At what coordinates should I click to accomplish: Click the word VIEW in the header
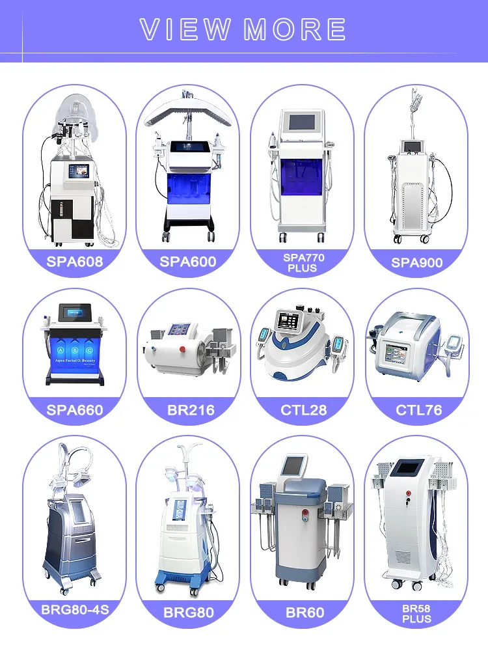tap(186, 29)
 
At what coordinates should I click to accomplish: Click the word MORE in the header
tap(294, 29)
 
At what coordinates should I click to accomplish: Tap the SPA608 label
tap(75, 262)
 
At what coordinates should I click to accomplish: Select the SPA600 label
tap(188, 262)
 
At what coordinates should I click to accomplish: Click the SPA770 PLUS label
tap(303, 263)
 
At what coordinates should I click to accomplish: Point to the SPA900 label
tap(416, 262)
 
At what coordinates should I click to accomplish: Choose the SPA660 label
tap(75, 410)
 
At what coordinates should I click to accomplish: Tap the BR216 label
tap(188, 410)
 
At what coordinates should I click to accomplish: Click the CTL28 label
tap(303, 410)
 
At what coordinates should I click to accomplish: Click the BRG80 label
tap(188, 613)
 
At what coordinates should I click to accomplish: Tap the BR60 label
tap(303, 613)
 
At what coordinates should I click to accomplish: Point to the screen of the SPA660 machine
tap(75, 314)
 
